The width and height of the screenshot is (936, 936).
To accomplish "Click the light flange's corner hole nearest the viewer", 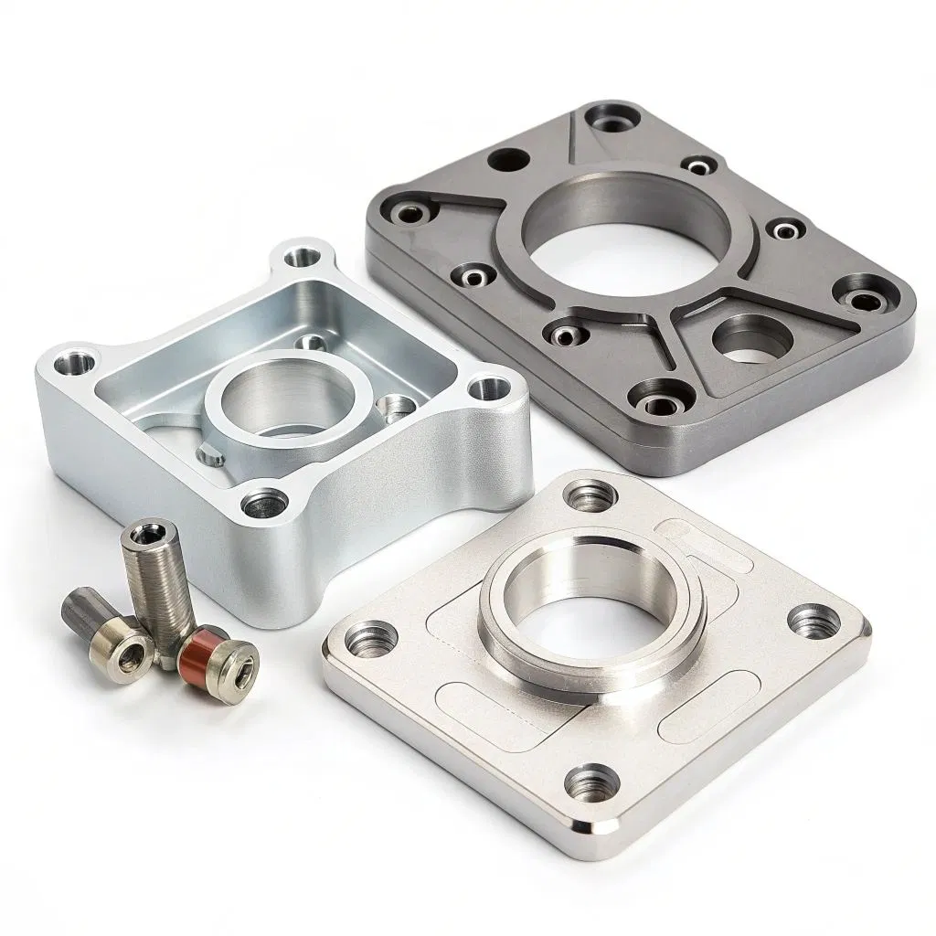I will pyautogui.click(x=587, y=782).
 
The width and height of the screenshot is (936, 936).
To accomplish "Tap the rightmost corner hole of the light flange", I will pyautogui.click(x=812, y=622).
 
